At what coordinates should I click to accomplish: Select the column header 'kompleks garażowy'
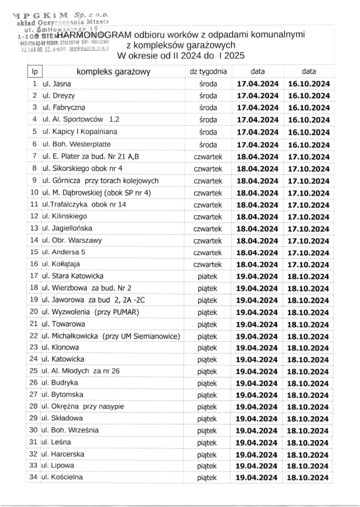coord(114,72)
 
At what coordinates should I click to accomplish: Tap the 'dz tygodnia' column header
coord(208,71)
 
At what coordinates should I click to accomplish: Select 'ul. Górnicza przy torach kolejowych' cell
coord(100,180)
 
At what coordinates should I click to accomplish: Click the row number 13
coord(34,228)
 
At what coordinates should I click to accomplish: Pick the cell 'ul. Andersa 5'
coord(63,252)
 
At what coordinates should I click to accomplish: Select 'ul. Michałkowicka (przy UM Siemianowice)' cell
coord(112,336)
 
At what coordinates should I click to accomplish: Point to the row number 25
coord(34,371)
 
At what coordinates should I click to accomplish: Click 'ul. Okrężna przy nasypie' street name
coord(83,406)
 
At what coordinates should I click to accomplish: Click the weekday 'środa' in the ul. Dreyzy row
coord(208,96)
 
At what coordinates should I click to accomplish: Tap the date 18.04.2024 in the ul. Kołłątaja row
coord(258,264)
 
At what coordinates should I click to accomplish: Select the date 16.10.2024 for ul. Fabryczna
coord(309,108)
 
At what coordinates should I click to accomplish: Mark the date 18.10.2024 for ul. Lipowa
coord(309,465)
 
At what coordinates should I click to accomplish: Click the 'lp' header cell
coord(34,72)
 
